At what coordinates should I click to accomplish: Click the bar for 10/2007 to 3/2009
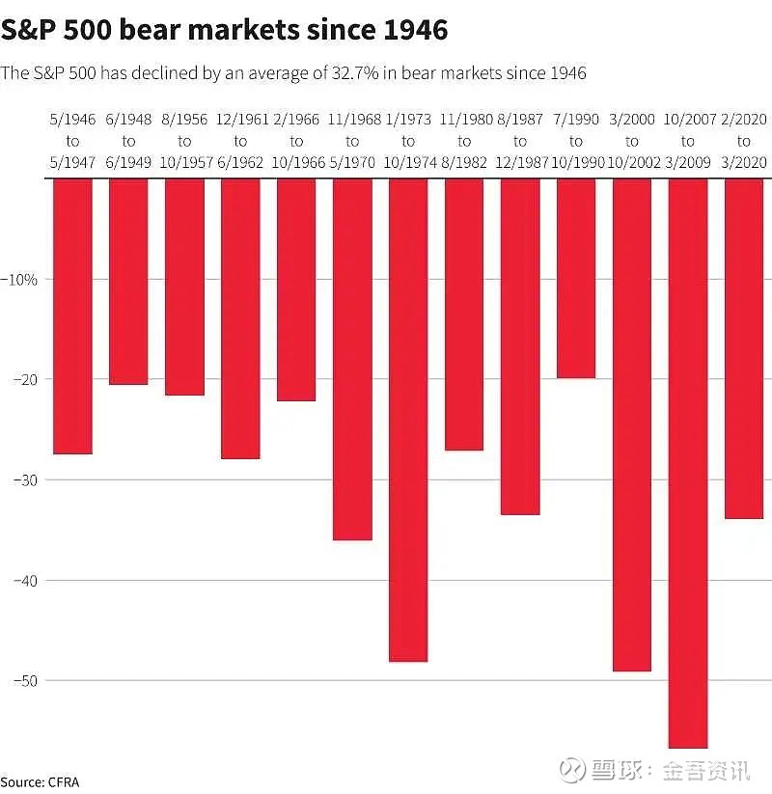(x=688, y=463)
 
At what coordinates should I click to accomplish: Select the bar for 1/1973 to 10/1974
(x=408, y=420)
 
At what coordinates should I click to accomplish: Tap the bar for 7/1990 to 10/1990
(x=576, y=278)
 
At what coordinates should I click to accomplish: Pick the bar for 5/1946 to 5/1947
(x=73, y=316)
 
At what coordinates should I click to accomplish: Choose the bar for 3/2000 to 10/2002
(x=632, y=424)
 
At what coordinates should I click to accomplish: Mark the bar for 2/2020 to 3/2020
(x=744, y=348)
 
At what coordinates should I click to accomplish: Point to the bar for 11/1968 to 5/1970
(x=352, y=359)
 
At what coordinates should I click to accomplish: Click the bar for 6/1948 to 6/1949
(x=128, y=282)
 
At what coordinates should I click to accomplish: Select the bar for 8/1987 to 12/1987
(x=520, y=346)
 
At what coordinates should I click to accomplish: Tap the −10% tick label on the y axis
(x=19, y=279)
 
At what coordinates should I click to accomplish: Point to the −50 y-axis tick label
(x=25, y=680)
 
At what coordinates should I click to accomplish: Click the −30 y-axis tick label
(x=25, y=479)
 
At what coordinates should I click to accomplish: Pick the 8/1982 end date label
(x=464, y=162)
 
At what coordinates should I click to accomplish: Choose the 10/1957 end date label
(x=186, y=162)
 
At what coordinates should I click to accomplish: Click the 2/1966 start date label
(x=296, y=119)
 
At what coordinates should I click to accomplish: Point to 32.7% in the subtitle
(x=355, y=73)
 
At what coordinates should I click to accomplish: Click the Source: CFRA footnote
(x=40, y=782)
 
